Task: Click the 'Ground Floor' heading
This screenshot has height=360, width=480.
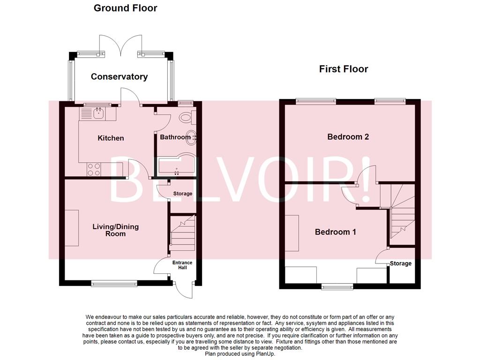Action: pyautogui.click(x=125, y=8)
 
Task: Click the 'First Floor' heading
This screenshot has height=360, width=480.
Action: pyautogui.click(x=343, y=69)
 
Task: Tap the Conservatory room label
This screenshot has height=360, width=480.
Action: pyautogui.click(x=119, y=76)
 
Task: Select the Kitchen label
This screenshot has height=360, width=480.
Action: pyautogui.click(x=111, y=138)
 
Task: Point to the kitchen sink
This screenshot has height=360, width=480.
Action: pyautogui.click(x=99, y=113)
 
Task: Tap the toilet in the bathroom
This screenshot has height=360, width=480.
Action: pyautogui.click(x=186, y=117)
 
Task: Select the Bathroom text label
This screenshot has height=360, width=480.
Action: pyautogui.click(x=175, y=137)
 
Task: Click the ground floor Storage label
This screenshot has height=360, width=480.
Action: pyautogui.click(x=182, y=194)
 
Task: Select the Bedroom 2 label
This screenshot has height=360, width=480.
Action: pyautogui.click(x=348, y=137)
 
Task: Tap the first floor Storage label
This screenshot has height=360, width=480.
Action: pyautogui.click(x=401, y=263)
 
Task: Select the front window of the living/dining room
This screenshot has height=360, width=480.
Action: pyautogui.click(x=114, y=283)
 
